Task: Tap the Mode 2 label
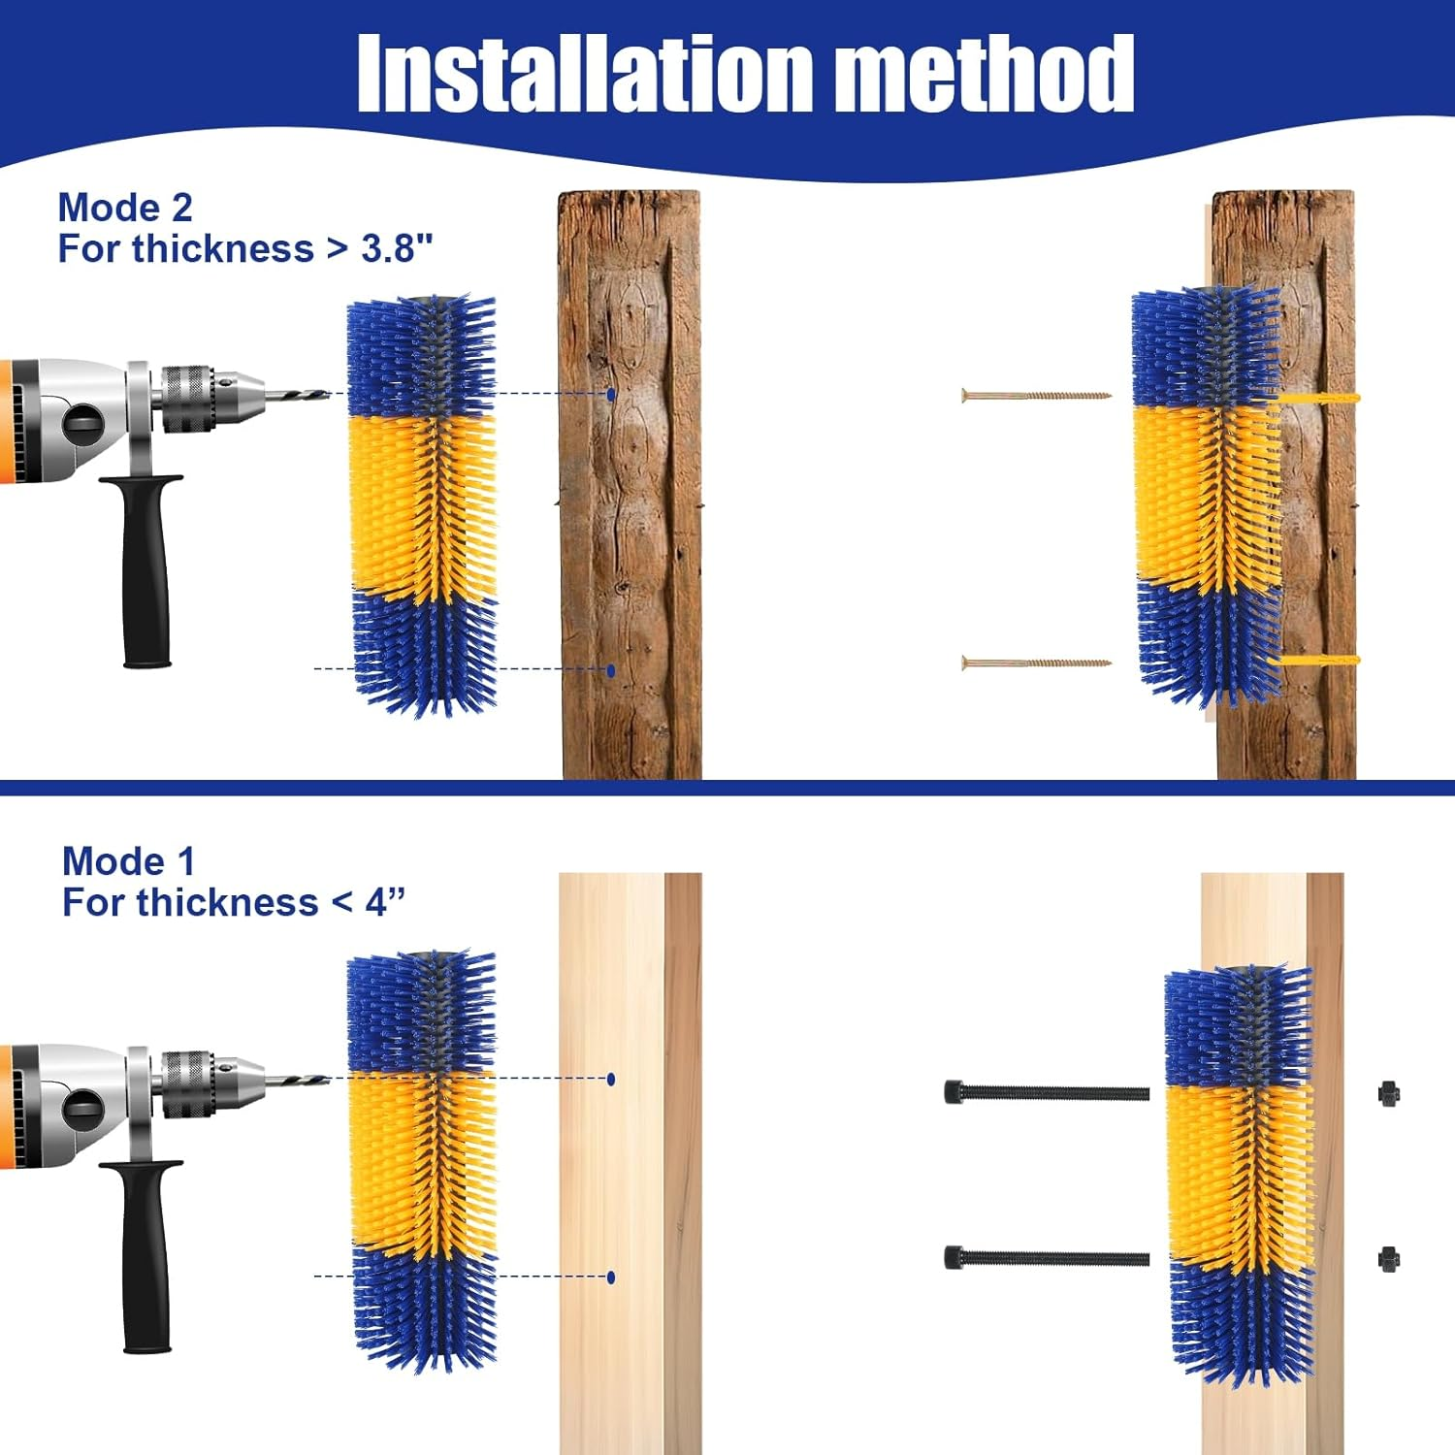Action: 125,208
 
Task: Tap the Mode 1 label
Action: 128,861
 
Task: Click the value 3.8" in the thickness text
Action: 397,249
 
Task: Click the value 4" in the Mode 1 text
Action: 385,903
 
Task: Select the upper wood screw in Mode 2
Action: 1035,396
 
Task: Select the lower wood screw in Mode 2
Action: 1035,663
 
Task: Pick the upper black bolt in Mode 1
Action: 1046,1092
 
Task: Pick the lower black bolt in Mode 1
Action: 1046,1258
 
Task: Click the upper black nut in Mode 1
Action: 1388,1094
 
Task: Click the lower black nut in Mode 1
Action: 1388,1260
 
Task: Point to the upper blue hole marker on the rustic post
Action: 611,395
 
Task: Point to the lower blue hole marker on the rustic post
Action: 611,670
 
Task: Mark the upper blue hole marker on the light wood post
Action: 611,1079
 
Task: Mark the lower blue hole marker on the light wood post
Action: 611,1277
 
